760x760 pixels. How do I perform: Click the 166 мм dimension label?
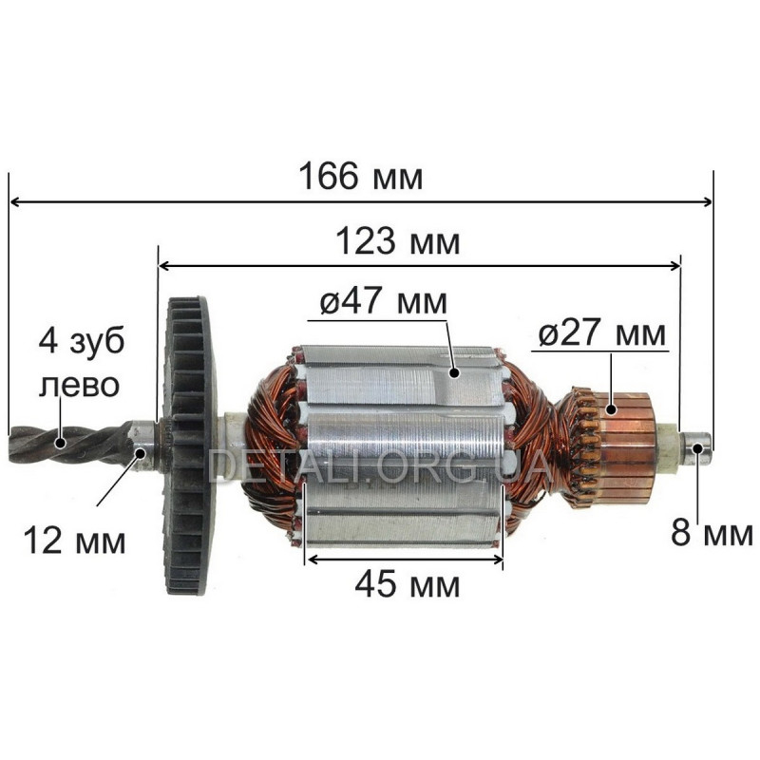click(361, 177)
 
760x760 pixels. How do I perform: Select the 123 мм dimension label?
click(397, 241)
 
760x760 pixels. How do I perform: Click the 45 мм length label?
click(408, 585)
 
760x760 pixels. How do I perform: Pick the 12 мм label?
click(74, 541)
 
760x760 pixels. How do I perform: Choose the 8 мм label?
click(712, 533)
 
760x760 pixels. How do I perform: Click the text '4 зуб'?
click(82, 341)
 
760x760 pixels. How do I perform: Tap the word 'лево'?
click(79, 386)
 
